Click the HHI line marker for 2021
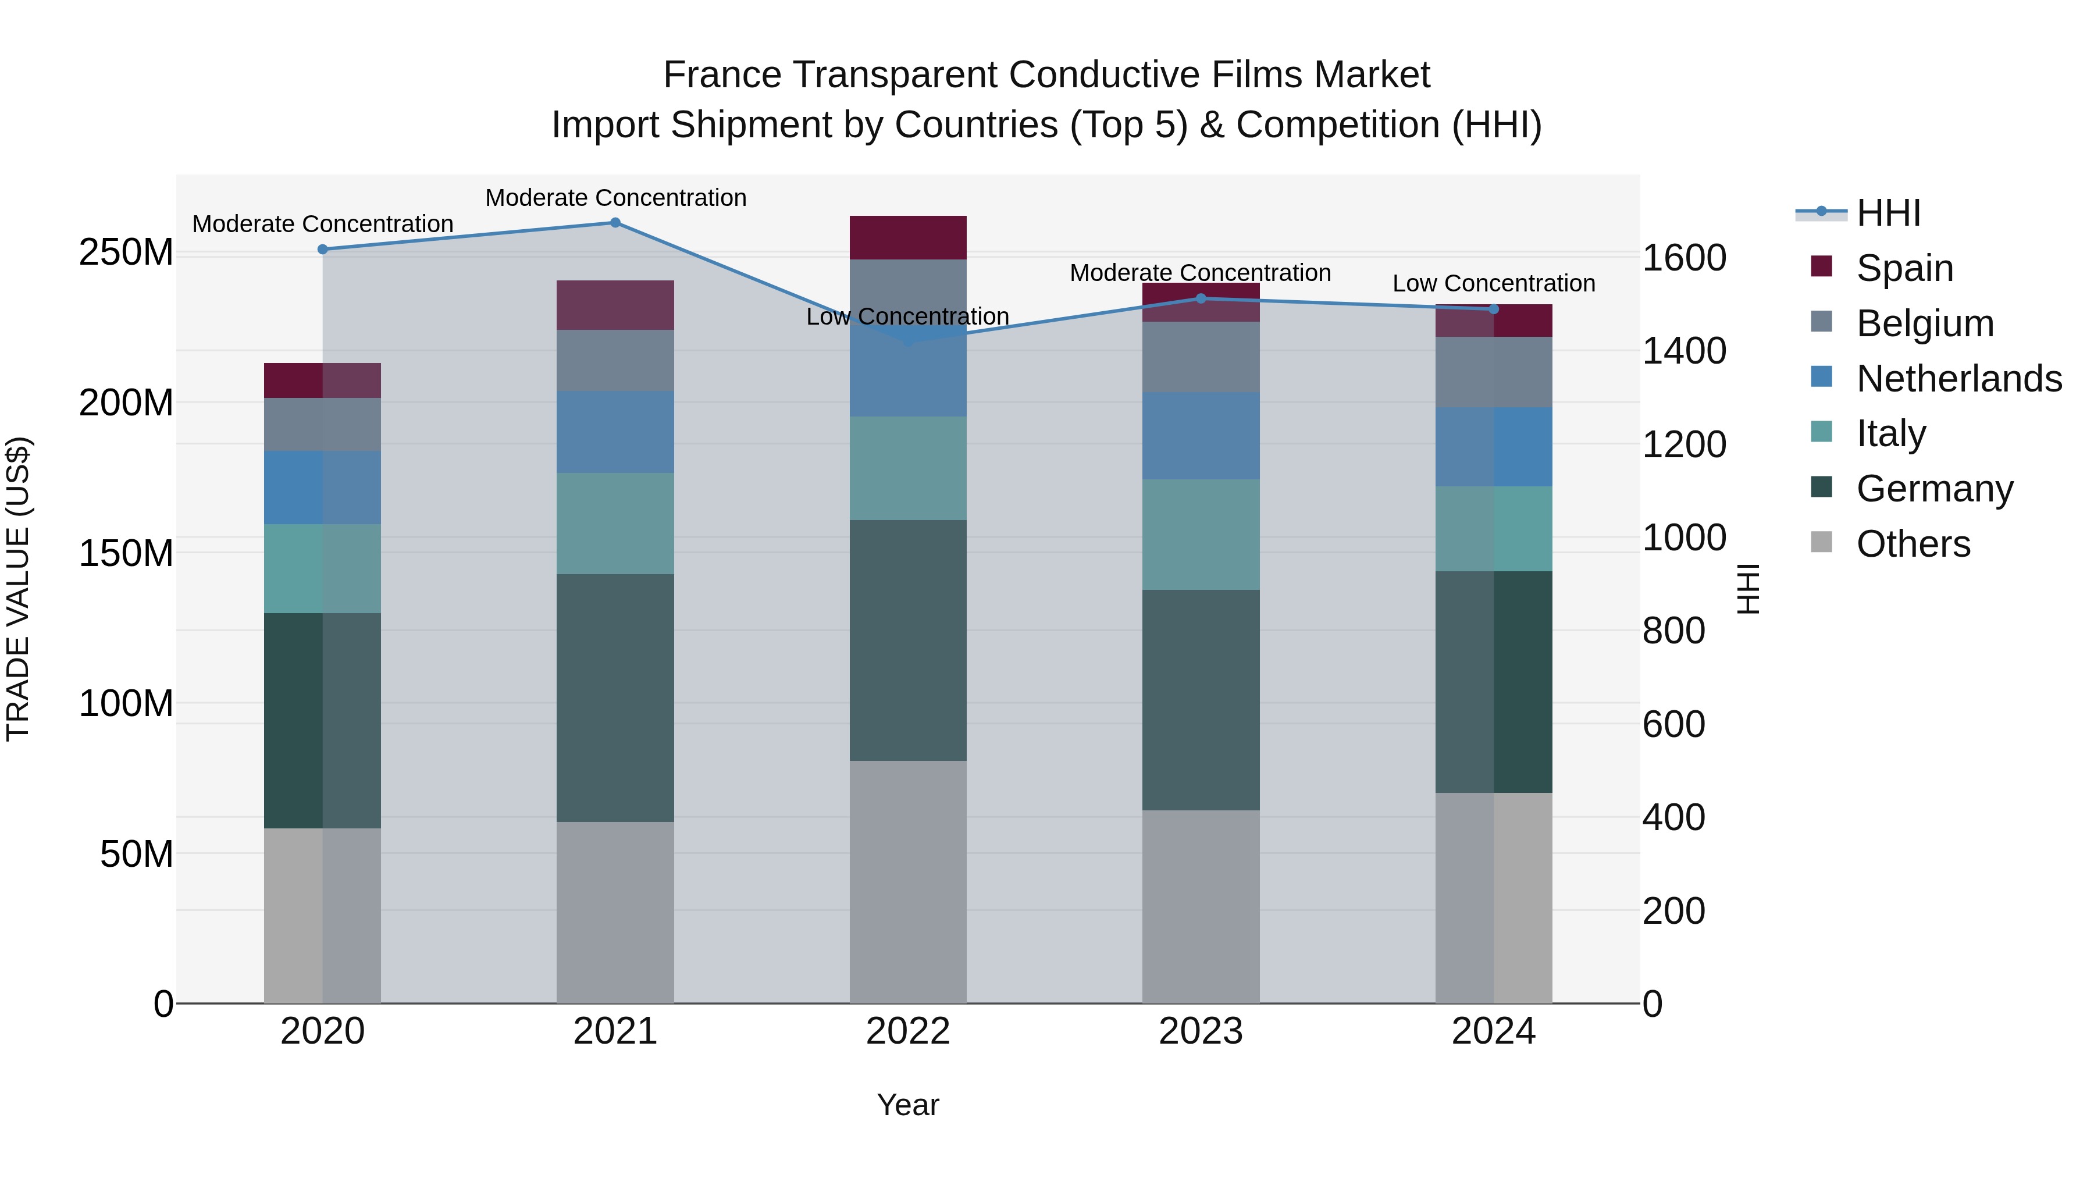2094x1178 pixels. coord(615,223)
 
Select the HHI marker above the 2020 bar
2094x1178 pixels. coord(323,250)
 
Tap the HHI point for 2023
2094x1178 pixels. coord(1202,298)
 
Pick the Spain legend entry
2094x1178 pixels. coord(1904,268)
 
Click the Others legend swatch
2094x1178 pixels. coord(1822,542)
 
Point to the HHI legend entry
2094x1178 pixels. coord(1888,213)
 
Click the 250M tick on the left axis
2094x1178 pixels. coord(126,253)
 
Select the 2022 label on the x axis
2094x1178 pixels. coord(908,1031)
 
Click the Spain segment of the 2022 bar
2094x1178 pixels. coord(908,237)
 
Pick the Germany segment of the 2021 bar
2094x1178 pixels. coord(615,697)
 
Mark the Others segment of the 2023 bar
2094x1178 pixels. coord(1202,906)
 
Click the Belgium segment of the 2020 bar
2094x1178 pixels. coord(323,425)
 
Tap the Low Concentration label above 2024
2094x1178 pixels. coord(1494,284)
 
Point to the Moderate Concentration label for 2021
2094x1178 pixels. coord(615,198)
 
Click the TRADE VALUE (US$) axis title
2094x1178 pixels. coord(18,589)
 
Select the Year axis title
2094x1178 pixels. coord(908,1105)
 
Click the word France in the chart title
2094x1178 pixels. coord(722,75)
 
